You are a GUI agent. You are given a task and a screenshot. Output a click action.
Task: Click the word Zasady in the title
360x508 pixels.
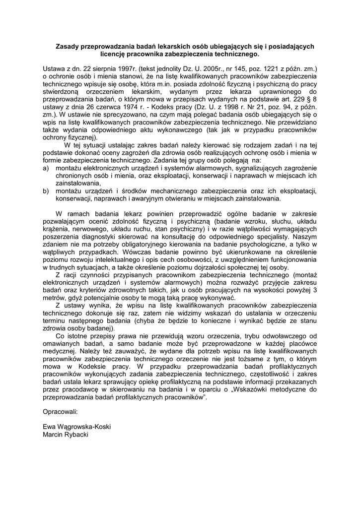[68, 46]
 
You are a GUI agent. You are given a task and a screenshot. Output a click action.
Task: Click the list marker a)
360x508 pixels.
[46, 169]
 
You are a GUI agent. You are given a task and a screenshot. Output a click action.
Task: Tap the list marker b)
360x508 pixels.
[46, 190]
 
